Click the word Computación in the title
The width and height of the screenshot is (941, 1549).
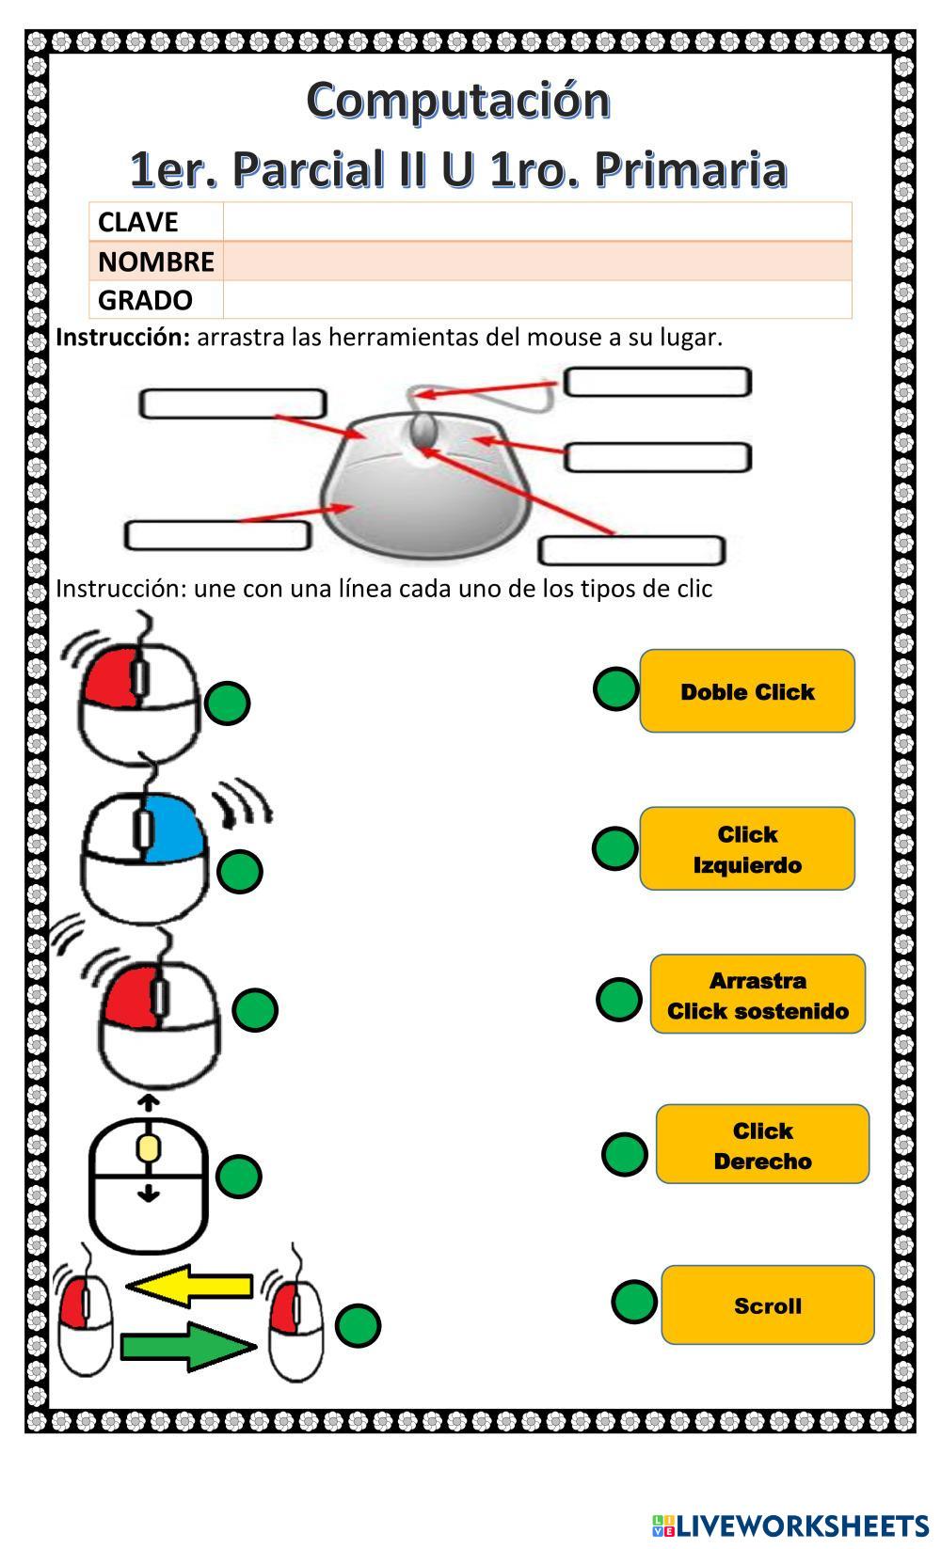coord(458,100)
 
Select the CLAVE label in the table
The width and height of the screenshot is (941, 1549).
coord(137,222)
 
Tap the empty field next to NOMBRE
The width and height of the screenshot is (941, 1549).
coord(536,261)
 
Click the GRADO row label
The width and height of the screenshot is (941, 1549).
coord(145,300)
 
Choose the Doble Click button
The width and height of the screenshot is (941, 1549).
coord(747,691)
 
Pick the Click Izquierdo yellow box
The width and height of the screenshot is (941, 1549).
coord(747,848)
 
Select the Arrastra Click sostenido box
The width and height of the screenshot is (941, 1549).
coord(758,995)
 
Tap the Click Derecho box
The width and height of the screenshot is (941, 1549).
coord(762,1145)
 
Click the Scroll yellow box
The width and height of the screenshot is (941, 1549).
coord(768,1305)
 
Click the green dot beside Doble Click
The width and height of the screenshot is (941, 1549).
coord(615,689)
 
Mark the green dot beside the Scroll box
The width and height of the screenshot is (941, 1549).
coord(633,1302)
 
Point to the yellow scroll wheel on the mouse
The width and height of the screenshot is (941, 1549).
coord(148,1148)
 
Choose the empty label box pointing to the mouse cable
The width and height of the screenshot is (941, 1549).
coord(657,383)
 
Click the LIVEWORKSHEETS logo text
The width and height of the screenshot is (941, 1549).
coord(801,1525)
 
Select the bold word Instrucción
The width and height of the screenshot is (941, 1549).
coord(123,337)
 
